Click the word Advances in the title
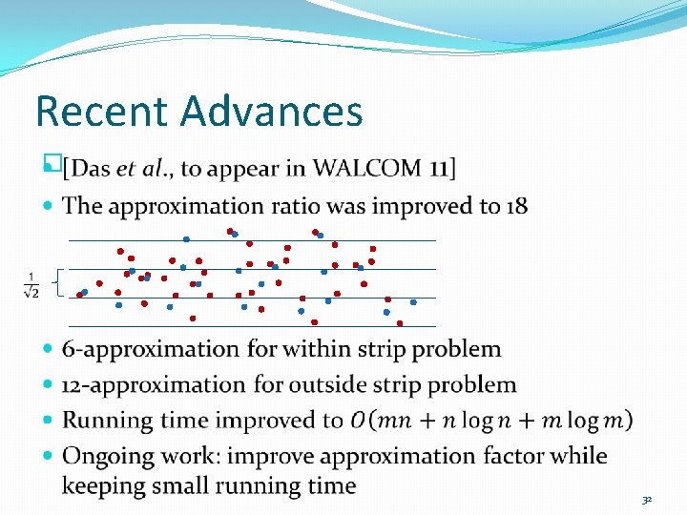coord(272,112)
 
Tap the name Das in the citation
coord(91,170)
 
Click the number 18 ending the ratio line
coord(516,206)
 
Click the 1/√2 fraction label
coord(31,284)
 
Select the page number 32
coord(646,499)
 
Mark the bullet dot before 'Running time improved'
coord(50,421)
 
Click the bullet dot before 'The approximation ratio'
coord(50,206)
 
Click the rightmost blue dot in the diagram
coord(413,302)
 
